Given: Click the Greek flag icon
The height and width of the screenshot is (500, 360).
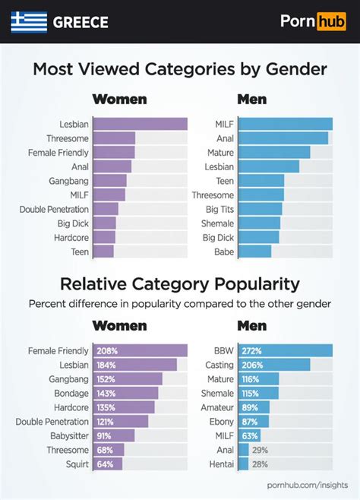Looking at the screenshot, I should [x=29, y=22].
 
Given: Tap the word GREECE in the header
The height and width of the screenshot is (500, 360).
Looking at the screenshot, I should [x=81, y=23].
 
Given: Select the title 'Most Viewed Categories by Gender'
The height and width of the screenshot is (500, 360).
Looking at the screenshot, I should [x=180, y=69].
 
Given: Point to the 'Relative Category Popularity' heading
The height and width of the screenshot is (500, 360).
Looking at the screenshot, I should [x=180, y=284].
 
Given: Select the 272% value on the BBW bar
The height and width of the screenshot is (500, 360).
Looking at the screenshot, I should [x=251, y=350].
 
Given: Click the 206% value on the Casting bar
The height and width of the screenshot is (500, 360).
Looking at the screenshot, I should [x=251, y=365].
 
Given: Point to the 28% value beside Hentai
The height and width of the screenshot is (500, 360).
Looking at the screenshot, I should [x=260, y=464].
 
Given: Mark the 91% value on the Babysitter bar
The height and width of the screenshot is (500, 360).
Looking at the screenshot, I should [x=104, y=435].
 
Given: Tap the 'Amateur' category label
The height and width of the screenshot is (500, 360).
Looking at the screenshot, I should [x=216, y=407].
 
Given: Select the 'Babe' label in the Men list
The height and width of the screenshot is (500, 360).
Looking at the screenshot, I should [x=223, y=252].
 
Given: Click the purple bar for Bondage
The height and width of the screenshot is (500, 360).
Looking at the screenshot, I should [x=125, y=393].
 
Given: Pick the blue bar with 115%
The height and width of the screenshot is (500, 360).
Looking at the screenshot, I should [x=258, y=393].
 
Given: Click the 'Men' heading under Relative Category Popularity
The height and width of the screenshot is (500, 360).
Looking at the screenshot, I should [x=251, y=326].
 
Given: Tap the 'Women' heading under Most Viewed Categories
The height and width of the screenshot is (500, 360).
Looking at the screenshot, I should [x=119, y=100].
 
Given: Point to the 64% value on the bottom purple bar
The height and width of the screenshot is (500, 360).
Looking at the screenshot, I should [x=104, y=464].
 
